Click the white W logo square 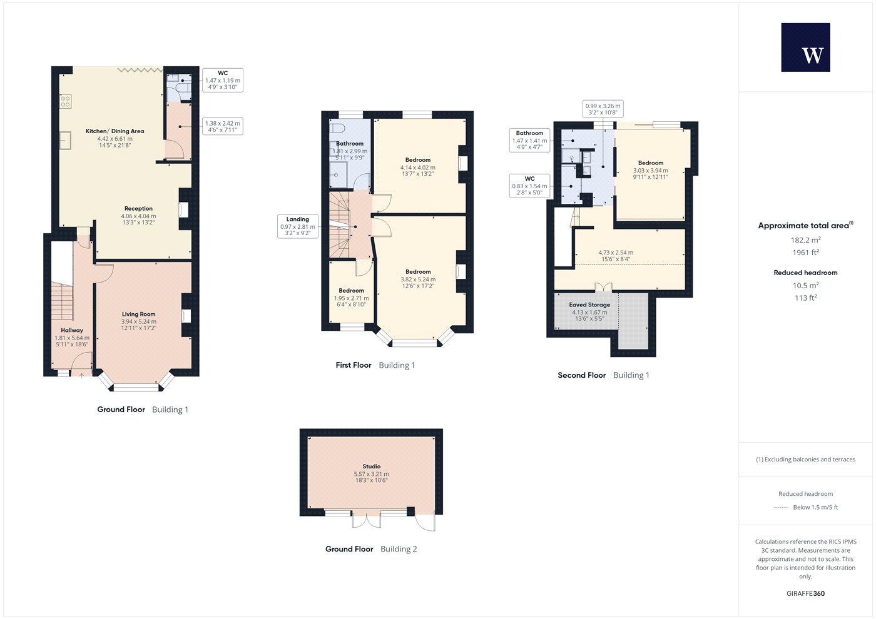(806, 48)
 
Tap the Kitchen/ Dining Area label (115, 131)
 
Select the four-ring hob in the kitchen (65, 101)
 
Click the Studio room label (371, 466)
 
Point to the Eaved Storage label (589, 305)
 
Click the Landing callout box (298, 226)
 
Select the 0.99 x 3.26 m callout (603, 109)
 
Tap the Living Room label (138, 314)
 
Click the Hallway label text (72, 330)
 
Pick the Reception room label (138, 209)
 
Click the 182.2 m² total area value (806, 240)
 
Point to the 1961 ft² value (806, 253)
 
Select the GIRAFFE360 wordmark (806, 593)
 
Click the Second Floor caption (581, 375)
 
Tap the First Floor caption (354, 365)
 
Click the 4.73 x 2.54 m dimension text (616, 253)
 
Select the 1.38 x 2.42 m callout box (223, 126)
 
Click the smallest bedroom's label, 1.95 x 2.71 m (351, 298)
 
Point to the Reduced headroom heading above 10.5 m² (806, 273)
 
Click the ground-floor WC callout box (223, 80)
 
